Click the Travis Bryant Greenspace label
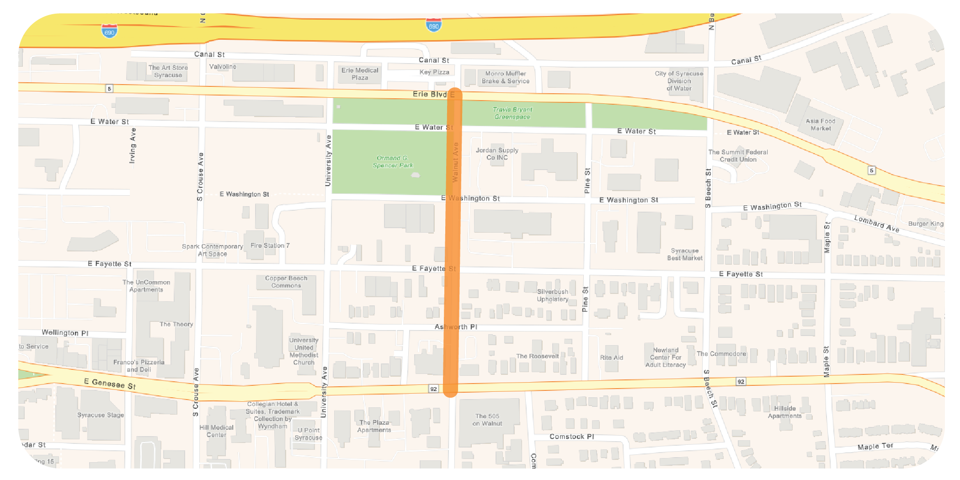pyautogui.click(x=512, y=113)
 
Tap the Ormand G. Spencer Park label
pyautogui.click(x=392, y=161)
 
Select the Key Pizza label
pyautogui.click(x=434, y=72)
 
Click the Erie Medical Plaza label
pyautogui.click(x=360, y=74)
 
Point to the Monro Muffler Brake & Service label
pyautogui.click(x=506, y=77)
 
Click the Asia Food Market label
pyautogui.click(x=821, y=124)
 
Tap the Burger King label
pyautogui.click(x=925, y=224)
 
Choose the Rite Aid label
pyautogui.click(x=611, y=357)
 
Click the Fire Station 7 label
pyautogui.click(x=270, y=245)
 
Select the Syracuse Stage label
pyautogui.click(x=101, y=415)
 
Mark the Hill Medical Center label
pyautogui.click(x=216, y=431)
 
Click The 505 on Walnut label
pyautogui.click(x=487, y=420)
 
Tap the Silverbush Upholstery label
pyautogui.click(x=553, y=295)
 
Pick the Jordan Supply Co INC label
pyautogui.click(x=497, y=154)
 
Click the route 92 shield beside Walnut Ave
pyautogui.click(x=433, y=389)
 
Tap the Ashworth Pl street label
pyautogui.click(x=456, y=327)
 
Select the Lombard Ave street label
pyautogui.click(x=876, y=224)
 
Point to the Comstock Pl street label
pyautogui.click(x=571, y=437)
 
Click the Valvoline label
pyautogui.click(x=223, y=67)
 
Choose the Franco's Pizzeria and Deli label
pyautogui.click(x=139, y=366)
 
